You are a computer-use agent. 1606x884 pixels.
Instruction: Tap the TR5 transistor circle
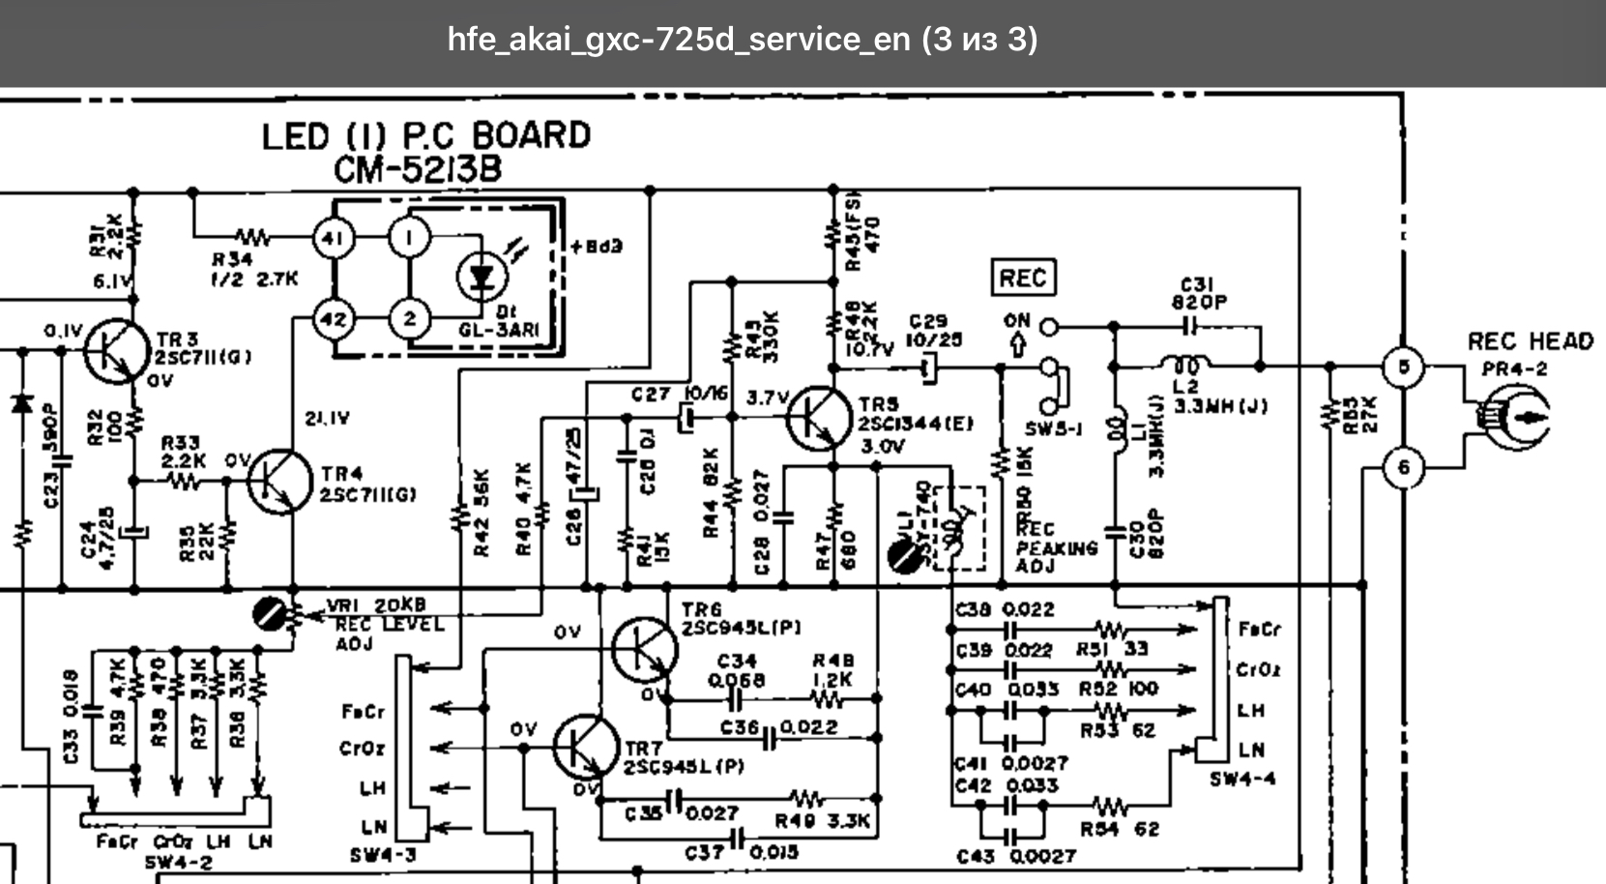(820, 419)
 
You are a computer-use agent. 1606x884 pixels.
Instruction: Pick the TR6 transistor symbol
(644, 650)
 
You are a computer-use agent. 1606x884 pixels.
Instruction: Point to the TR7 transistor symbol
(586, 748)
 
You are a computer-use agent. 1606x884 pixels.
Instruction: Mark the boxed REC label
(1023, 279)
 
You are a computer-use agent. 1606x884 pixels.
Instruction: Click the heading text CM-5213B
(418, 170)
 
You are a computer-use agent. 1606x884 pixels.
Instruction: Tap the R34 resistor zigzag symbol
(254, 237)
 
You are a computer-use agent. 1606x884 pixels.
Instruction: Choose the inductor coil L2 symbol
(1185, 367)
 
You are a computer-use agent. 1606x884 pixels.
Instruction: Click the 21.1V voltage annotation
(327, 418)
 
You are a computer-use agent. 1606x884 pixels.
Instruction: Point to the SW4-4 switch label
(1242, 779)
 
